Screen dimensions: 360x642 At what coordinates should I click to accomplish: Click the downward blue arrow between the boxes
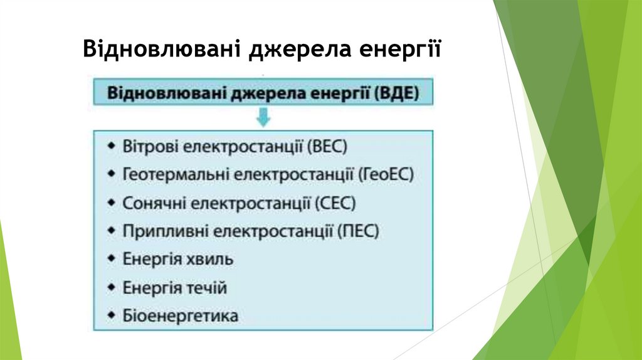click(263, 117)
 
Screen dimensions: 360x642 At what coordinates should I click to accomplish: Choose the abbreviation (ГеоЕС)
click(387, 174)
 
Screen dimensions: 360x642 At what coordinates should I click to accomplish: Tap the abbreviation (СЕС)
click(335, 203)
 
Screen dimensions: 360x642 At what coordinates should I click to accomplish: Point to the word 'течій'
click(207, 288)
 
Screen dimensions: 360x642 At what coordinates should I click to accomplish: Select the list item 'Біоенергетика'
click(181, 315)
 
